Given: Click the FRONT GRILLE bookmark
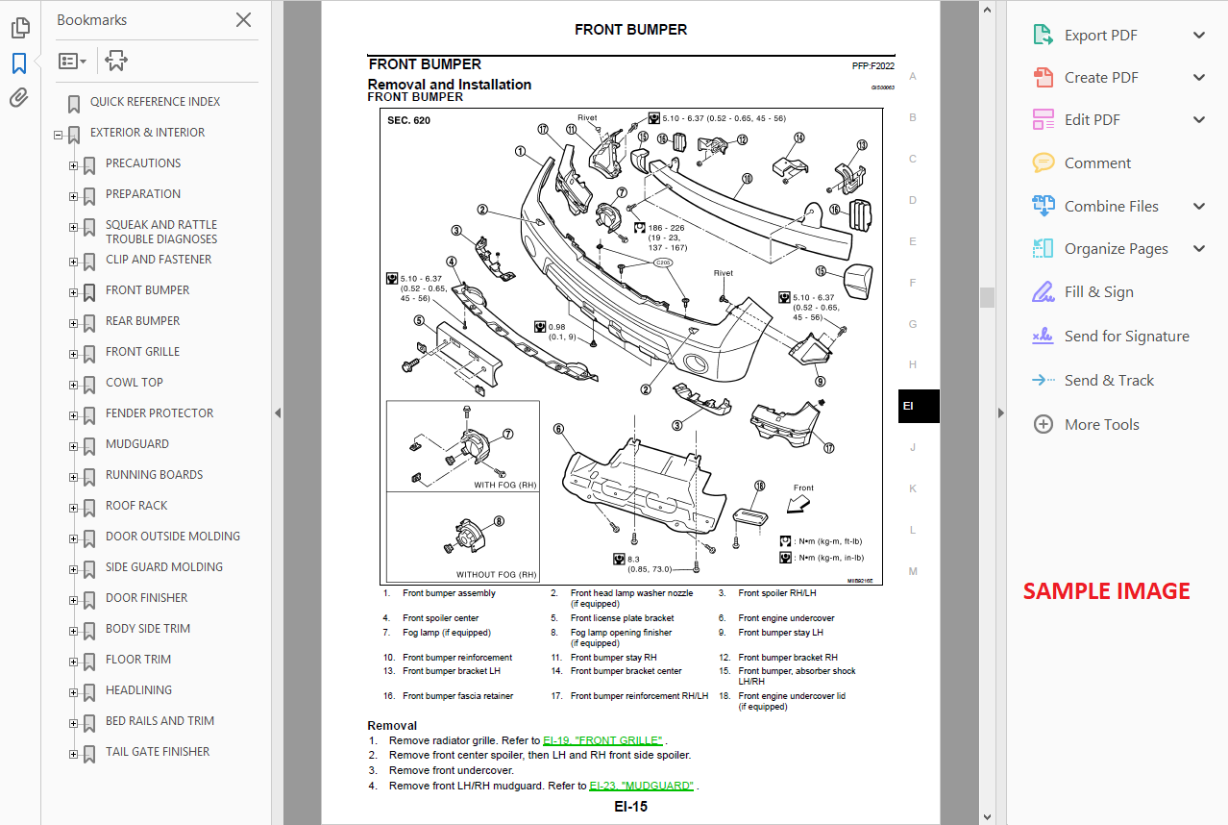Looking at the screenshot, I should pos(142,352).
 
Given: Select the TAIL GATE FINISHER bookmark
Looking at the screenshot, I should pos(157,752).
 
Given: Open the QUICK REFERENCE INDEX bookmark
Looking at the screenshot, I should pos(155,102).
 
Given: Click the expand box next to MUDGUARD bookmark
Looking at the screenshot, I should pos(73,445).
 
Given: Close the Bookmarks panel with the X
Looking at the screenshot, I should pos(243,20).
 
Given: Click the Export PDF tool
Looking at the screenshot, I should pos(1100,36).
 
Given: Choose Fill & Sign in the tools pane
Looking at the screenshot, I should pos(1098,292).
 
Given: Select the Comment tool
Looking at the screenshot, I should pos(1097,163).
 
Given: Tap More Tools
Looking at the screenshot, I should pos(1101,425).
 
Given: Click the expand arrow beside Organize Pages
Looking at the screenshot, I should pos(1198,249).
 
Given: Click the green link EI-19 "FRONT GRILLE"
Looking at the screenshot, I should pos(602,740).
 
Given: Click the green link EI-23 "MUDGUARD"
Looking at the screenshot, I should pos(641,786).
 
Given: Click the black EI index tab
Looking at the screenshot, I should pos(918,406).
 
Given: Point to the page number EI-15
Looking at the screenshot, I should pos(630,807).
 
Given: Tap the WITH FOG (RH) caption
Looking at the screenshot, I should pos(504,486).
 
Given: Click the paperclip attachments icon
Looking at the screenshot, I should pos(19,98).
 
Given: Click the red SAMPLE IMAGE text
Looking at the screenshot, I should pos(1106,591).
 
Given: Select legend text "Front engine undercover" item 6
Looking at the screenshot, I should pos(786,618).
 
